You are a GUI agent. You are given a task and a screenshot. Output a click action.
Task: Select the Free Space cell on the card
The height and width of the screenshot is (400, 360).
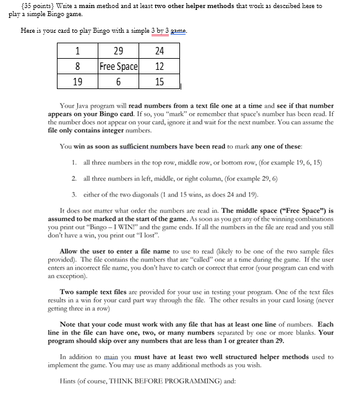[x=119, y=66]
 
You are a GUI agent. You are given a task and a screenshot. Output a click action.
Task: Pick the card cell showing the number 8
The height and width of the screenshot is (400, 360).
[x=78, y=66]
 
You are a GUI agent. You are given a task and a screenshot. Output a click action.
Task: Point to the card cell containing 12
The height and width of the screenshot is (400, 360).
[x=159, y=66]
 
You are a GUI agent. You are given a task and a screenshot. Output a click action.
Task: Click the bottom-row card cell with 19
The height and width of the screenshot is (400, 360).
[x=78, y=81]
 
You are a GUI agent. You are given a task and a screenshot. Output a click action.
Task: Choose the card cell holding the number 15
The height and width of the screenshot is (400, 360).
[x=159, y=81]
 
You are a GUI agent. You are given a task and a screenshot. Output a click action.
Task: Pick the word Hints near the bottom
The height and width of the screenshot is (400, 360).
[x=70, y=381]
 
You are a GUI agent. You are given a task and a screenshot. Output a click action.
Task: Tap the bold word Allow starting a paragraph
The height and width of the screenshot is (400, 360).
[x=70, y=251]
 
